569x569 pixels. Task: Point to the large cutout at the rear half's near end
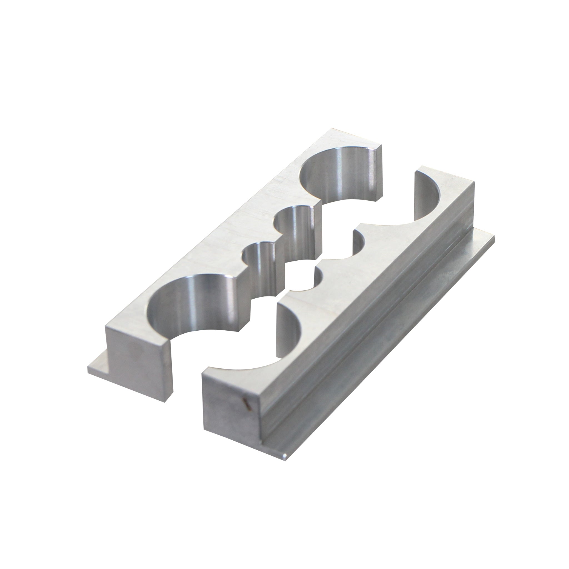(x=191, y=303)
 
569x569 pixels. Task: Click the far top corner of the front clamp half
(x=421, y=167)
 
